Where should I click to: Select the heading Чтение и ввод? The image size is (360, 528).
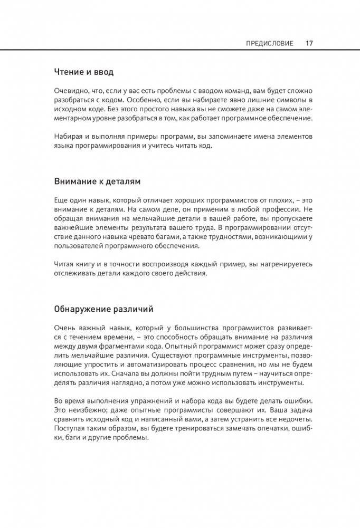[83, 71]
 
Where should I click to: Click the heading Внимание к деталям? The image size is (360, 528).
[98, 181]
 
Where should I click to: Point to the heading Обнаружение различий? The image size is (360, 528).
[104, 308]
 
